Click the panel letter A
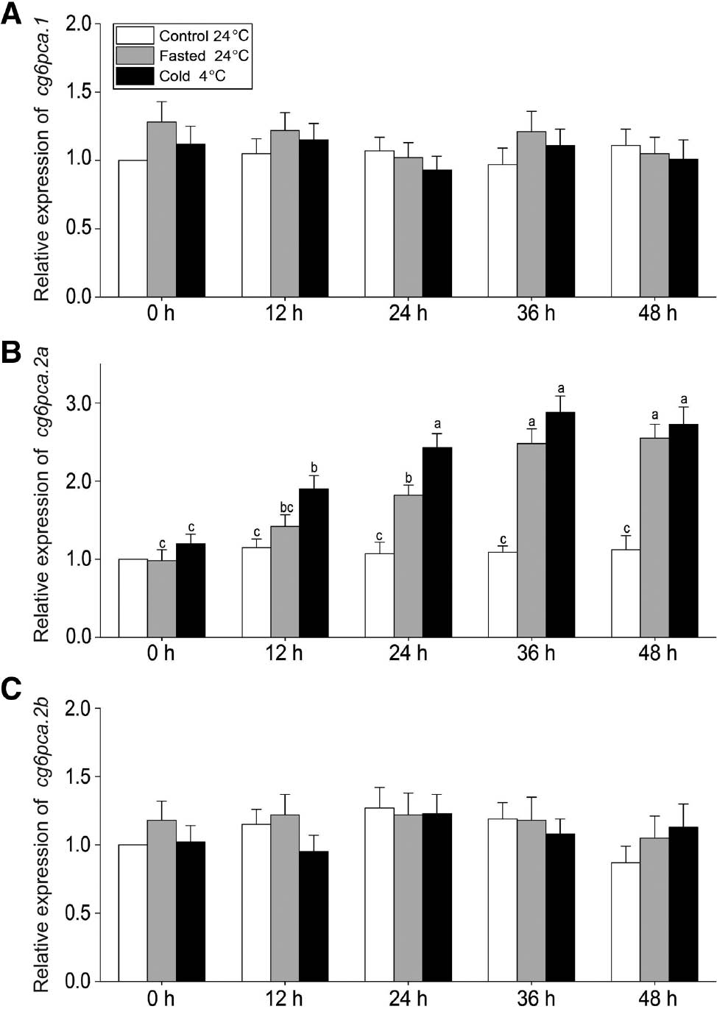[x=11, y=14]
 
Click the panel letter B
[x=11, y=353]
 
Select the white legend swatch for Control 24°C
[x=135, y=35]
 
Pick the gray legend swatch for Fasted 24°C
[x=135, y=55]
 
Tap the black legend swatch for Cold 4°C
[x=135, y=76]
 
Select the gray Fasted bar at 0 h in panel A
[x=162, y=210]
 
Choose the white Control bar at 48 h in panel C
[x=625, y=921]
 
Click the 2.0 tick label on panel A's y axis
[x=80, y=24]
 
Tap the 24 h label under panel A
[x=408, y=314]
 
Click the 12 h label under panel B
[x=284, y=653]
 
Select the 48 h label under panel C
[x=657, y=998]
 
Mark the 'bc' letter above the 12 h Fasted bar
[x=286, y=508]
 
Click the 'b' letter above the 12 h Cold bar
[x=314, y=468]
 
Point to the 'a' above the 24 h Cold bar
[x=437, y=424]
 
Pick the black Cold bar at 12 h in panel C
[x=314, y=916]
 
